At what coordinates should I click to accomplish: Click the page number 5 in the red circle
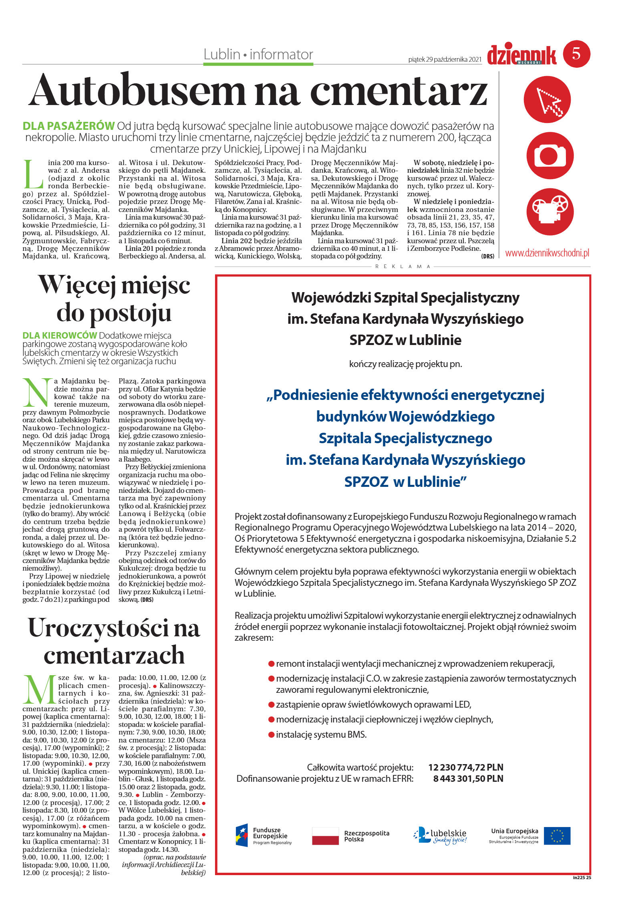576,54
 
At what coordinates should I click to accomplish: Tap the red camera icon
547,155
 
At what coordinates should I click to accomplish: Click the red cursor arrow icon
547,99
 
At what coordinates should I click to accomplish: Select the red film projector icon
547,211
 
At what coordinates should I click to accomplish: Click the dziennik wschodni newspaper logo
521,55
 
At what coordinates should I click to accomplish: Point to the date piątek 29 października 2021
445,59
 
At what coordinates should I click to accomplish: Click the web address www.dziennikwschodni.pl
547,253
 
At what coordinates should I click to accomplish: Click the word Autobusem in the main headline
136,90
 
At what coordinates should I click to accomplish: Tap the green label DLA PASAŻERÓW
68,126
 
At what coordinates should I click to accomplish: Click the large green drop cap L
34,175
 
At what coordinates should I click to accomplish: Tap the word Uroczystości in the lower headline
98,628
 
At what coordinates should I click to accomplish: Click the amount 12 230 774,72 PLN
465,767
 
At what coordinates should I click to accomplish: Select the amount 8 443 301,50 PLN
468,778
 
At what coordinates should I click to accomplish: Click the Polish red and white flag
325,835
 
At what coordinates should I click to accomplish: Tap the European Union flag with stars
557,835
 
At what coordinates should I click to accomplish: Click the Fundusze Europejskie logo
263,835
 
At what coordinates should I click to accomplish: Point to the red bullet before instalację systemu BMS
271,735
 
